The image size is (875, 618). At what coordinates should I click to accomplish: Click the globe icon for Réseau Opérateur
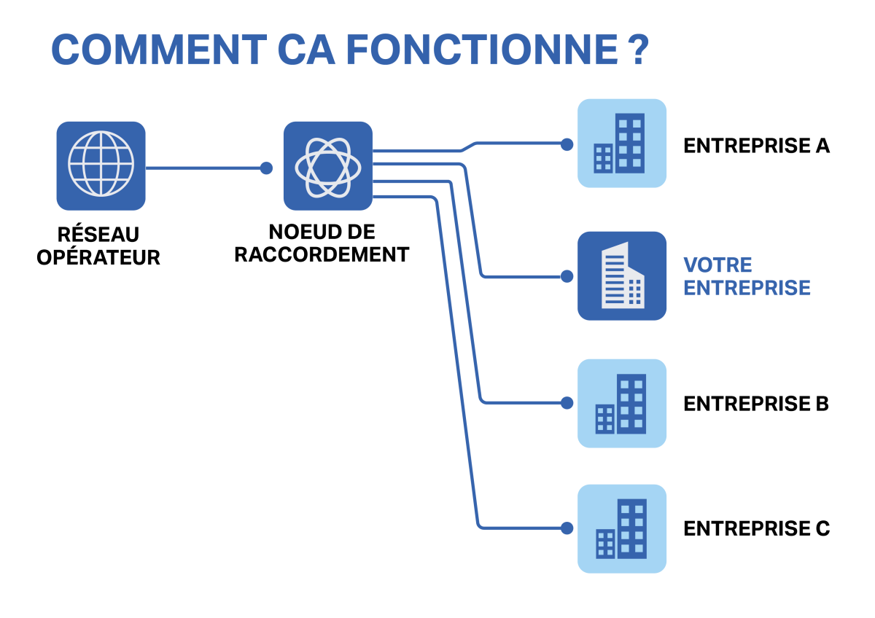pos(101,166)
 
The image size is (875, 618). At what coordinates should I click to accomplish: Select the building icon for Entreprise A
pos(622,144)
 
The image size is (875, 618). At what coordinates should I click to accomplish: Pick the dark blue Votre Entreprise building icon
pos(622,276)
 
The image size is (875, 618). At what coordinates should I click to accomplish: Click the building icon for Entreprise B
pos(622,403)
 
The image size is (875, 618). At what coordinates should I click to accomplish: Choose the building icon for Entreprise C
pos(622,529)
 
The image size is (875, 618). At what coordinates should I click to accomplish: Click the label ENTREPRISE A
pos(757,146)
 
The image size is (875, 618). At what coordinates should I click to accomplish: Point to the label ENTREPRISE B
pos(756,404)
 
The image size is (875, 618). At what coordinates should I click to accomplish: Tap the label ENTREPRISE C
pos(757,528)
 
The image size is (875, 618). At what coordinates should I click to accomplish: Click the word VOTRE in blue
pos(717,265)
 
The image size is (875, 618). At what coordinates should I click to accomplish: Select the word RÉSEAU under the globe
pos(98,235)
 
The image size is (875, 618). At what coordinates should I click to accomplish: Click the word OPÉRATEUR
pos(98,258)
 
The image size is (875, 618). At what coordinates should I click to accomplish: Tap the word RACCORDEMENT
pos(322,254)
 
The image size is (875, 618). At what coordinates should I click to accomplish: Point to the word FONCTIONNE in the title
pos(482,50)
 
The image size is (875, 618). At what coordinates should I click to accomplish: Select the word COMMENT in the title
pos(159,50)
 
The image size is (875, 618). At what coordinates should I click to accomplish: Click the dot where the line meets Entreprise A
pos(567,144)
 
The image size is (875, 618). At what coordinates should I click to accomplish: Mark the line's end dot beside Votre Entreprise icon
pos(567,276)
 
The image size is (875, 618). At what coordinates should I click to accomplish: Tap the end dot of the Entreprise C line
pos(567,528)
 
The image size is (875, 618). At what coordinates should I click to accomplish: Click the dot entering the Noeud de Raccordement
pos(266,168)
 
